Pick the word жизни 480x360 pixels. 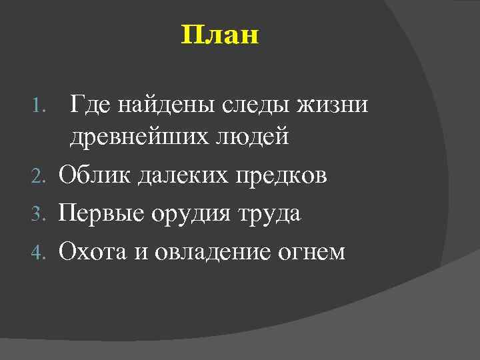click(334, 105)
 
